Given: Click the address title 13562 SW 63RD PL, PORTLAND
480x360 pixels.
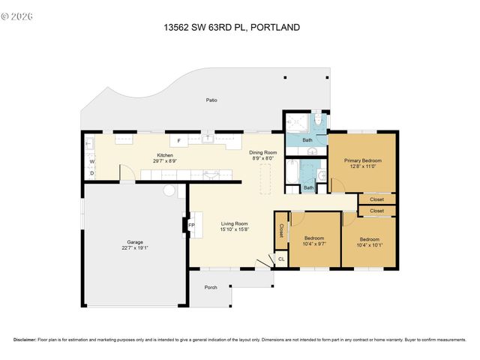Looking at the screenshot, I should [232, 28].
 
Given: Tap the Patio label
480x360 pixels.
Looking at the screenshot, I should [212, 100].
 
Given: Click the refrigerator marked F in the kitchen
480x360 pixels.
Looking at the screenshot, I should [178, 141].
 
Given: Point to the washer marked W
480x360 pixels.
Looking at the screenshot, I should [91, 161].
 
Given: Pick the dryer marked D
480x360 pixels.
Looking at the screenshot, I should [91, 173].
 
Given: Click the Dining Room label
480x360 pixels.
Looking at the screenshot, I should [263, 152].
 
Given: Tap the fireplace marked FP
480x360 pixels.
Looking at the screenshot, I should [191, 225].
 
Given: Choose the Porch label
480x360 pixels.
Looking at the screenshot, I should [211, 286].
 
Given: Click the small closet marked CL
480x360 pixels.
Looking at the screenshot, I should [281, 259].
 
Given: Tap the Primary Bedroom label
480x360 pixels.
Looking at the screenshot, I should [362, 160].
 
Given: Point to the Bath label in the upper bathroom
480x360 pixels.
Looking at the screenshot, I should [307, 140].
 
